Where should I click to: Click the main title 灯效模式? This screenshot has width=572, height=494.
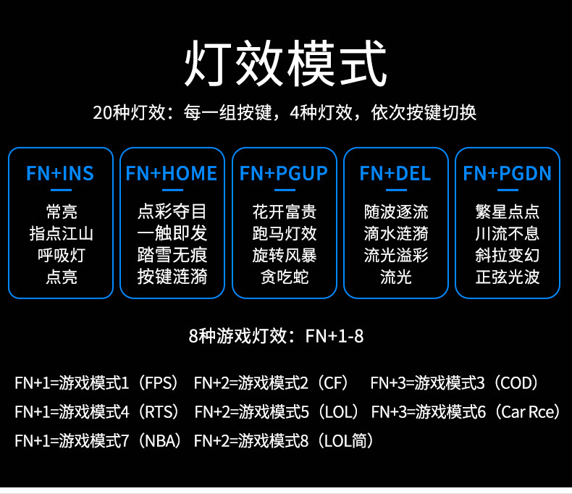point(285,65)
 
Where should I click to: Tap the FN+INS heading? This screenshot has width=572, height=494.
point(60,174)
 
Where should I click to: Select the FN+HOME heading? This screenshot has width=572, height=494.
point(172,174)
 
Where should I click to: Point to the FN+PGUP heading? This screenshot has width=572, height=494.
point(284,174)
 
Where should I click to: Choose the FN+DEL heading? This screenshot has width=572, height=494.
point(395,174)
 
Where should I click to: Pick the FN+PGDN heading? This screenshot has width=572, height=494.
point(508,174)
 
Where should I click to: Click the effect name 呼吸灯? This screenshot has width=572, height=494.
point(61,255)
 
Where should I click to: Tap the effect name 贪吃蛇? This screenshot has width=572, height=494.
point(284,277)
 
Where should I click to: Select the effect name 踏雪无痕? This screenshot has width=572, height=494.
point(172,255)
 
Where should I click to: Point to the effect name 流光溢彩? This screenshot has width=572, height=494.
point(396,255)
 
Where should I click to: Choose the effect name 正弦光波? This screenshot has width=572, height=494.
point(508,277)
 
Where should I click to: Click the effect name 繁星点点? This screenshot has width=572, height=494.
point(508,212)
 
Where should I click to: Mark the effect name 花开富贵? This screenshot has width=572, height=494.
point(284,212)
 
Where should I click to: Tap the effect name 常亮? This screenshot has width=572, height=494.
point(61,212)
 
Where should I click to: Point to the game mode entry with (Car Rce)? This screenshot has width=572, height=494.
point(467,412)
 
